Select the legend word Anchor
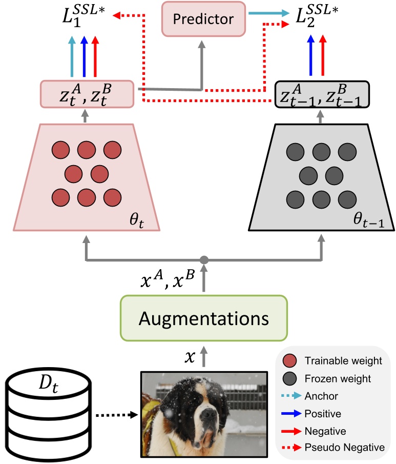[x=321, y=396]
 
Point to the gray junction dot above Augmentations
[x=204, y=259]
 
